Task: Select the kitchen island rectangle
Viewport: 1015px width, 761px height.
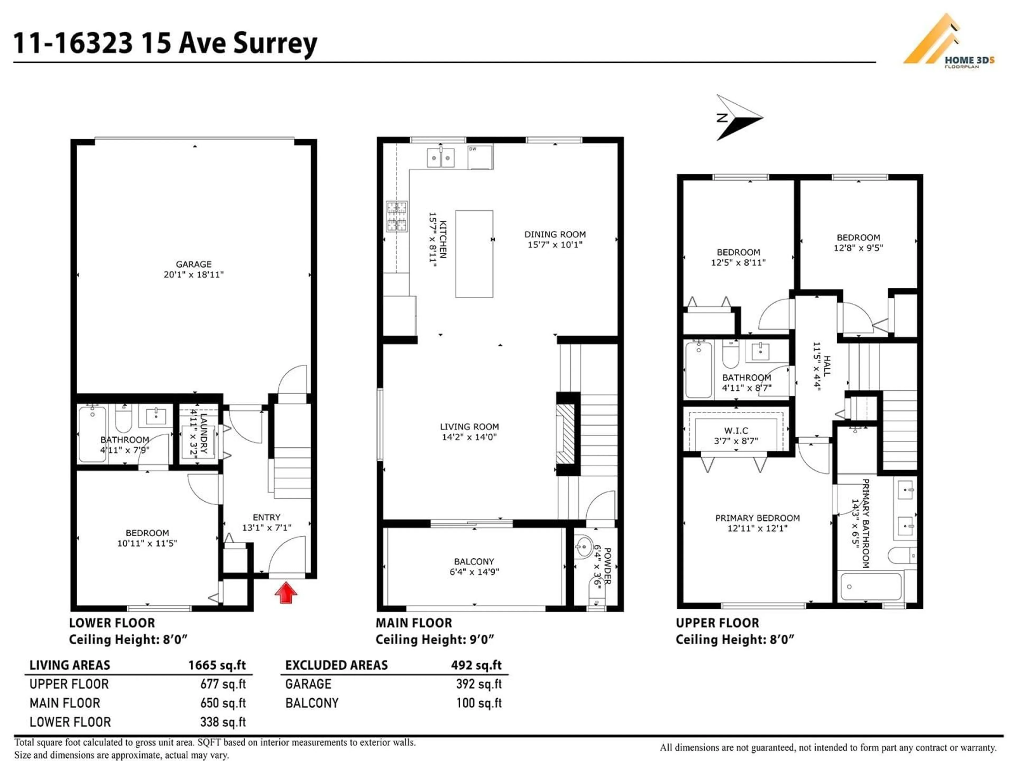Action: pos(474,254)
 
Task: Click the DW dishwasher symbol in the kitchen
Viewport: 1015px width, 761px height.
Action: pos(480,157)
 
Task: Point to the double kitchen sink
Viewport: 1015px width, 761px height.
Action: pos(441,158)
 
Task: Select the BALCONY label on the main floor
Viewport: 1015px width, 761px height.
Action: pos(474,562)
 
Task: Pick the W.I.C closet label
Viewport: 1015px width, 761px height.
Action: pos(736,431)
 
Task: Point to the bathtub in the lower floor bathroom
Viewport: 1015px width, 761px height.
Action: pos(92,434)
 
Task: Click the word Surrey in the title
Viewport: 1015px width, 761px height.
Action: pos(275,44)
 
